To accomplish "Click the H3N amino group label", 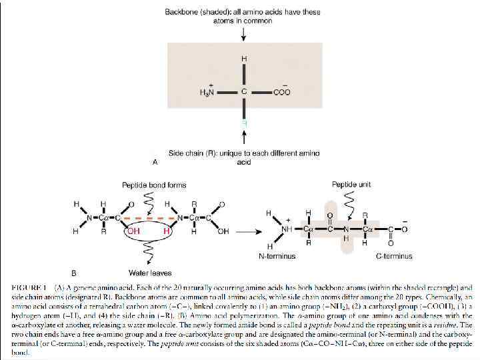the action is coord(207,93).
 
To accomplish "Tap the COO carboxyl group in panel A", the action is coord(281,93).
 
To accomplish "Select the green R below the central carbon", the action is coord(244,123).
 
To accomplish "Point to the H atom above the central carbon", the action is coord(244,59).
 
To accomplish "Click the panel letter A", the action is coord(155,161).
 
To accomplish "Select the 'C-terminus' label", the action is coord(394,256).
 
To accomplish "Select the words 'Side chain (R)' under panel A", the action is coord(192,153).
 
